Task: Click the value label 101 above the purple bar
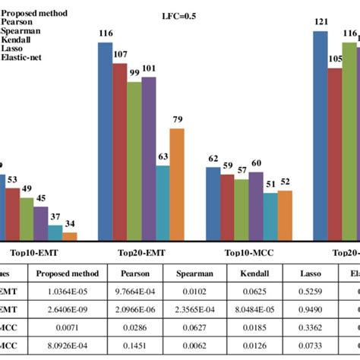[149, 68]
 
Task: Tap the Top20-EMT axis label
[141, 253]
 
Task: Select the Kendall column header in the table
[254, 275]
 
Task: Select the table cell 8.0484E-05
[254, 310]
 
